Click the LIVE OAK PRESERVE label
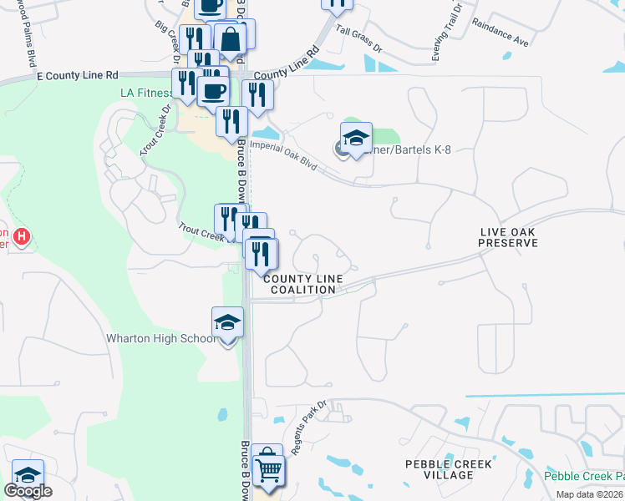click(507, 237)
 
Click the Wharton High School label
click(160, 339)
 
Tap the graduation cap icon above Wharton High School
click(227, 321)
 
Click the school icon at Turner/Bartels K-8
click(356, 138)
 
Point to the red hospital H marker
click(22, 237)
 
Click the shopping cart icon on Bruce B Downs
click(267, 469)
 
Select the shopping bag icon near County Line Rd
click(231, 38)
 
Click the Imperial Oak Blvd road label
click(283, 154)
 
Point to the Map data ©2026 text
click(590, 494)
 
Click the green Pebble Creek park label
click(584, 477)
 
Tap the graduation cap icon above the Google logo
click(28, 474)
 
